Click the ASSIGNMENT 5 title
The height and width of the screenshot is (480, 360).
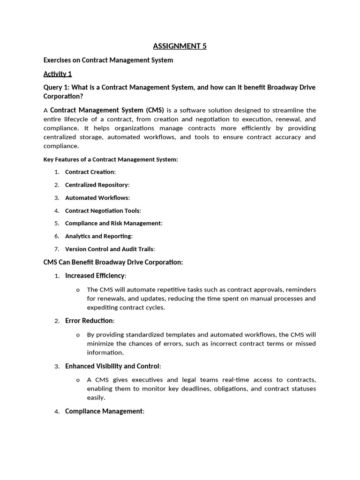pos(180,46)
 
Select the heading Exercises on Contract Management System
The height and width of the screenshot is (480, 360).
pos(108,60)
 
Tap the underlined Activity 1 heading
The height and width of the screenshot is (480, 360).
pos(58,74)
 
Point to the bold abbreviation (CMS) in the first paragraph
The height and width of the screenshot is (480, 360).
pos(155,110)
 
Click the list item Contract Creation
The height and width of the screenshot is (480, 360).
pos(90,172)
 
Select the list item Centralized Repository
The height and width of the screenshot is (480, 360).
pos(97,185)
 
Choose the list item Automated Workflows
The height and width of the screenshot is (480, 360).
pos(97,198)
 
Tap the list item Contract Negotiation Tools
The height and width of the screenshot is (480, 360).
pos(102,211)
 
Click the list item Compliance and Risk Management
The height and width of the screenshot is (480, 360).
pos(113,224)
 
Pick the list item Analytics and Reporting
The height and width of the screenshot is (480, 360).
pos(98,236)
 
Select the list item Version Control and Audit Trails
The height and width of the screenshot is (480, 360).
pos(109,249)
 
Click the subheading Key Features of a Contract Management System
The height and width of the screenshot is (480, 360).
pos(111,159)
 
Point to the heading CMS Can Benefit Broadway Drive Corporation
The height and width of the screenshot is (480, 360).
pos(113,262)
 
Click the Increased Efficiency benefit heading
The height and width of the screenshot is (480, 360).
pos(95,276)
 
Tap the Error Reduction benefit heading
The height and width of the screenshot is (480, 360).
pos(89,321)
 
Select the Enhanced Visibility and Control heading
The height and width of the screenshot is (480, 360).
pos(112,366)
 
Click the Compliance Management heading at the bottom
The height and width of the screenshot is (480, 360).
pos(104,411)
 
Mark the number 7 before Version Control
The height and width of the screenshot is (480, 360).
pos(56,249)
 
